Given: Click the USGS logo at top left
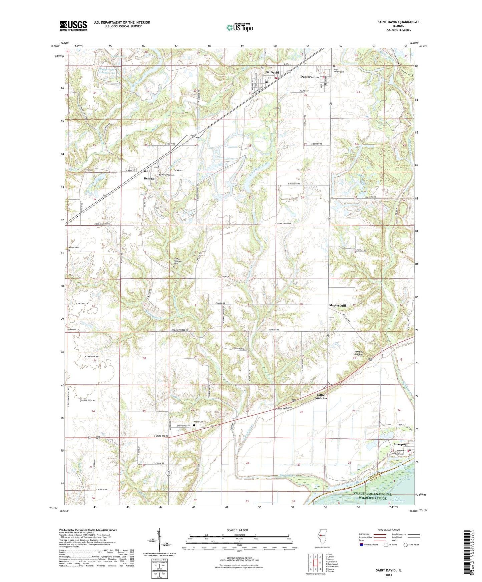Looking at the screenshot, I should point(73,25).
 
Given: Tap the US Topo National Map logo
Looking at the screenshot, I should point(239,27).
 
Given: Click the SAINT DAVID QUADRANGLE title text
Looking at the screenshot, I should point(398,22).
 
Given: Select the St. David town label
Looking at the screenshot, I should point(272,72).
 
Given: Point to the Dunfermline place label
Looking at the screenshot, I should point(310,77).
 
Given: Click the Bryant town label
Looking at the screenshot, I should point(149,179).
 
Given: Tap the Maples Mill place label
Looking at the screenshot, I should point(337,305).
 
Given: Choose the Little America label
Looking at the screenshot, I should point(321,396).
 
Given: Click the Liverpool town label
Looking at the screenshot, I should point(400,444).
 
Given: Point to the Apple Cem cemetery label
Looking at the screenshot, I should point(199,422).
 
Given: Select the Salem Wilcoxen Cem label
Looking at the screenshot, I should point(179,261).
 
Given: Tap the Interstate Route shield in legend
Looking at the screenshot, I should point(361,545).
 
